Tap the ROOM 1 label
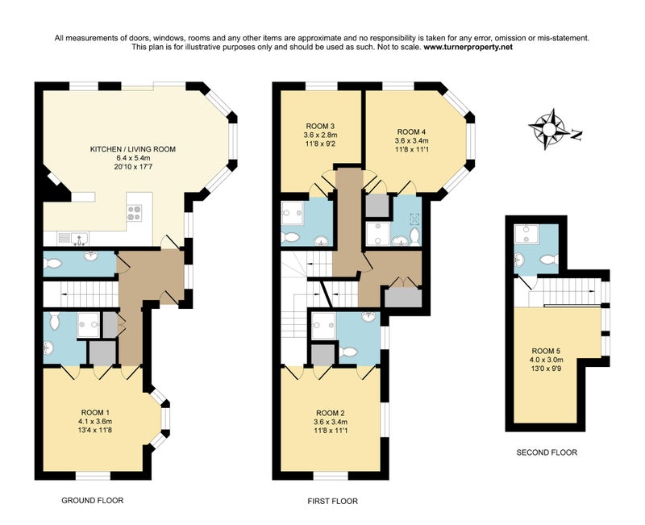[x=95, y=413]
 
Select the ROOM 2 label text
[x=331, y=413]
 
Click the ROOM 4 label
[x=411, y=131]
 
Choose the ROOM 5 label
[x=546, y=351]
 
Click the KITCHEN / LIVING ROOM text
[x=133, y=149]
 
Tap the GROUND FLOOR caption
[x=92, y=500]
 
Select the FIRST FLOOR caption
[x=332, y=501]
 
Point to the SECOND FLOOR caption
[x=547, y=452]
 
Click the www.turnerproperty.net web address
[x=468, y=47]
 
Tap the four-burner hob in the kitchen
[x=134, y=212]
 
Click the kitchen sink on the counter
[x=78, y=238]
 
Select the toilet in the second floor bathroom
[x=549, y=260]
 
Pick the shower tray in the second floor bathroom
[x=526, y=235]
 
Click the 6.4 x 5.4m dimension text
[x=132, y=158]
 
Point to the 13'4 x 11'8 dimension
[x=95, y=430]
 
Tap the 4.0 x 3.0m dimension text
[x=546, y=360]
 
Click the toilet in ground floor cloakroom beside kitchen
[x=52, y=262]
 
